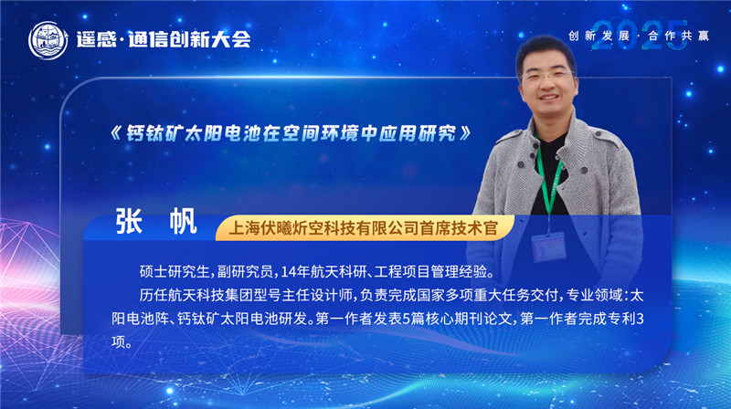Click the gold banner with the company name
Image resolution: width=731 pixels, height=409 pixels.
(363, 225)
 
